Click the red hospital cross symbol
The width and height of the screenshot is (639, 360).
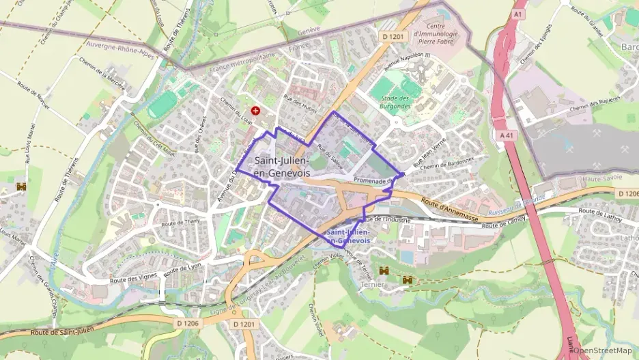click(x=255, y=110)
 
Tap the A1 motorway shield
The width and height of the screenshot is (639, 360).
click(x=519, y=14)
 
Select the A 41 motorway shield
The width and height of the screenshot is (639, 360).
click(x=507, y=135)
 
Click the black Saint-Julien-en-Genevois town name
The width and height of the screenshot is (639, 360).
click(x=281, y=167)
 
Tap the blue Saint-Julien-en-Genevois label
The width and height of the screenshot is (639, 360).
click(x=349, y=236)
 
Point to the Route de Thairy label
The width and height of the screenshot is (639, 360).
click(x=180, y=222)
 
